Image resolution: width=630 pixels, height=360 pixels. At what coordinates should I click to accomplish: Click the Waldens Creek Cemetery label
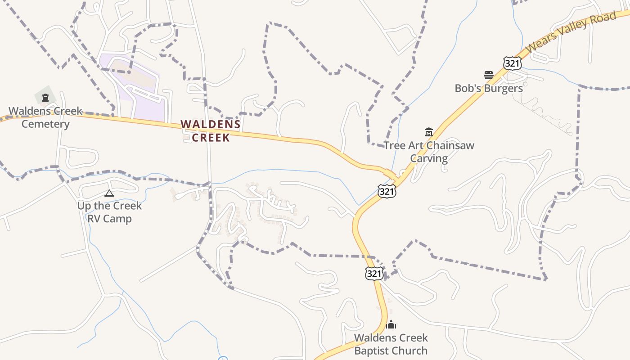pos(45,117)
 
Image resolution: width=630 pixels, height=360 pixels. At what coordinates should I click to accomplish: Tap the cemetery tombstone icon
pos(45,97)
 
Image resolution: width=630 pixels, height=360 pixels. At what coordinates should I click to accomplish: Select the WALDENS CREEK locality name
pos(211,131)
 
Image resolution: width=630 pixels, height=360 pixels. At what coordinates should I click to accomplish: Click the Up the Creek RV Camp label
pos(109,212)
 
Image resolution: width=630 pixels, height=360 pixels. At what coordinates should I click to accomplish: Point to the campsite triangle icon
pos(109,193)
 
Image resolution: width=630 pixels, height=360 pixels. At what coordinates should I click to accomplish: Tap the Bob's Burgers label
pos(489,88)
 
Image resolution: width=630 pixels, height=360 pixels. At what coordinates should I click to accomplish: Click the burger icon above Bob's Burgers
pos(489,75)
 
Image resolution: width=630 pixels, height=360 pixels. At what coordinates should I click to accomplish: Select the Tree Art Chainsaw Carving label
pos(429,152)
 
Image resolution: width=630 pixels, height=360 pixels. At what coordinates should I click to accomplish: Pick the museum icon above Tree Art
pos(428,132)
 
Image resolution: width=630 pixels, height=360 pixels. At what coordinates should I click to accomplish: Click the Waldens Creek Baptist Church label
pos(391,344)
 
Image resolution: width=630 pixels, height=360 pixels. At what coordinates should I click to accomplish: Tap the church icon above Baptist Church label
pos(391,324)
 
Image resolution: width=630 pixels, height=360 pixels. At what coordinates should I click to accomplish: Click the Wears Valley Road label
pos(570,31)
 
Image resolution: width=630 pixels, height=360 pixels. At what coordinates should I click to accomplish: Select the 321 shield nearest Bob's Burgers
pos(512,63)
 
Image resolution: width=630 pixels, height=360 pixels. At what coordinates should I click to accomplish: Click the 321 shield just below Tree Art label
pos(387,191)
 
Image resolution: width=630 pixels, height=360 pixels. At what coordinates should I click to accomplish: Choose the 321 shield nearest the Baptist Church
pos(374,273)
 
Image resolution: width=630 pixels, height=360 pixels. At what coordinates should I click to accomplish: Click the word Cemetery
pos(45,124)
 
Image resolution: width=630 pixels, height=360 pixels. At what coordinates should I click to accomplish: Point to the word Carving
pos(429,158)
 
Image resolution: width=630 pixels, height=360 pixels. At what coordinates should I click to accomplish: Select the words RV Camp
pos(109,219)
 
